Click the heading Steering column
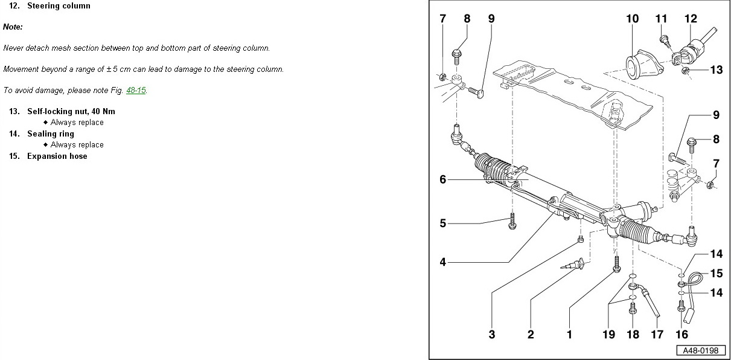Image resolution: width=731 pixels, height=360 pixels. point(59,6)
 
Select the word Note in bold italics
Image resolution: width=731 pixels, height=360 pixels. point(13,27)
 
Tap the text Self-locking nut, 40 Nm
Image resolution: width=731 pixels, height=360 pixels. point(71,112)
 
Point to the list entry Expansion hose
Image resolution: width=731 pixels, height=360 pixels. point(57,156)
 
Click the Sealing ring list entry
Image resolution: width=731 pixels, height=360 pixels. point(50,134)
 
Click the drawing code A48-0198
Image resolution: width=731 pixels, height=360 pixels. point(701,351)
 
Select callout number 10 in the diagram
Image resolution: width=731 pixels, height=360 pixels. point(632,19)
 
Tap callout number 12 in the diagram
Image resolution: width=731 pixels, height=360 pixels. point(691,19)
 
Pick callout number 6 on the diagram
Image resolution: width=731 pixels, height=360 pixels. point(442,179)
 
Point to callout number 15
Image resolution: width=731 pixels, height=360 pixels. point(716,274)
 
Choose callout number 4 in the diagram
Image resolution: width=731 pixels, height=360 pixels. point(442,262)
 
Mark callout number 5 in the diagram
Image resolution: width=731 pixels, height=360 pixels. point(442,223)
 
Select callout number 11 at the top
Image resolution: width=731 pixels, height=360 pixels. point(662,19)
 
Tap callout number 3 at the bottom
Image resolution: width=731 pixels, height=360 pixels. point(492,334)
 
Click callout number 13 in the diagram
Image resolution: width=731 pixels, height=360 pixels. point(716,70)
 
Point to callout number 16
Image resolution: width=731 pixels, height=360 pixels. point(682,334)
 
